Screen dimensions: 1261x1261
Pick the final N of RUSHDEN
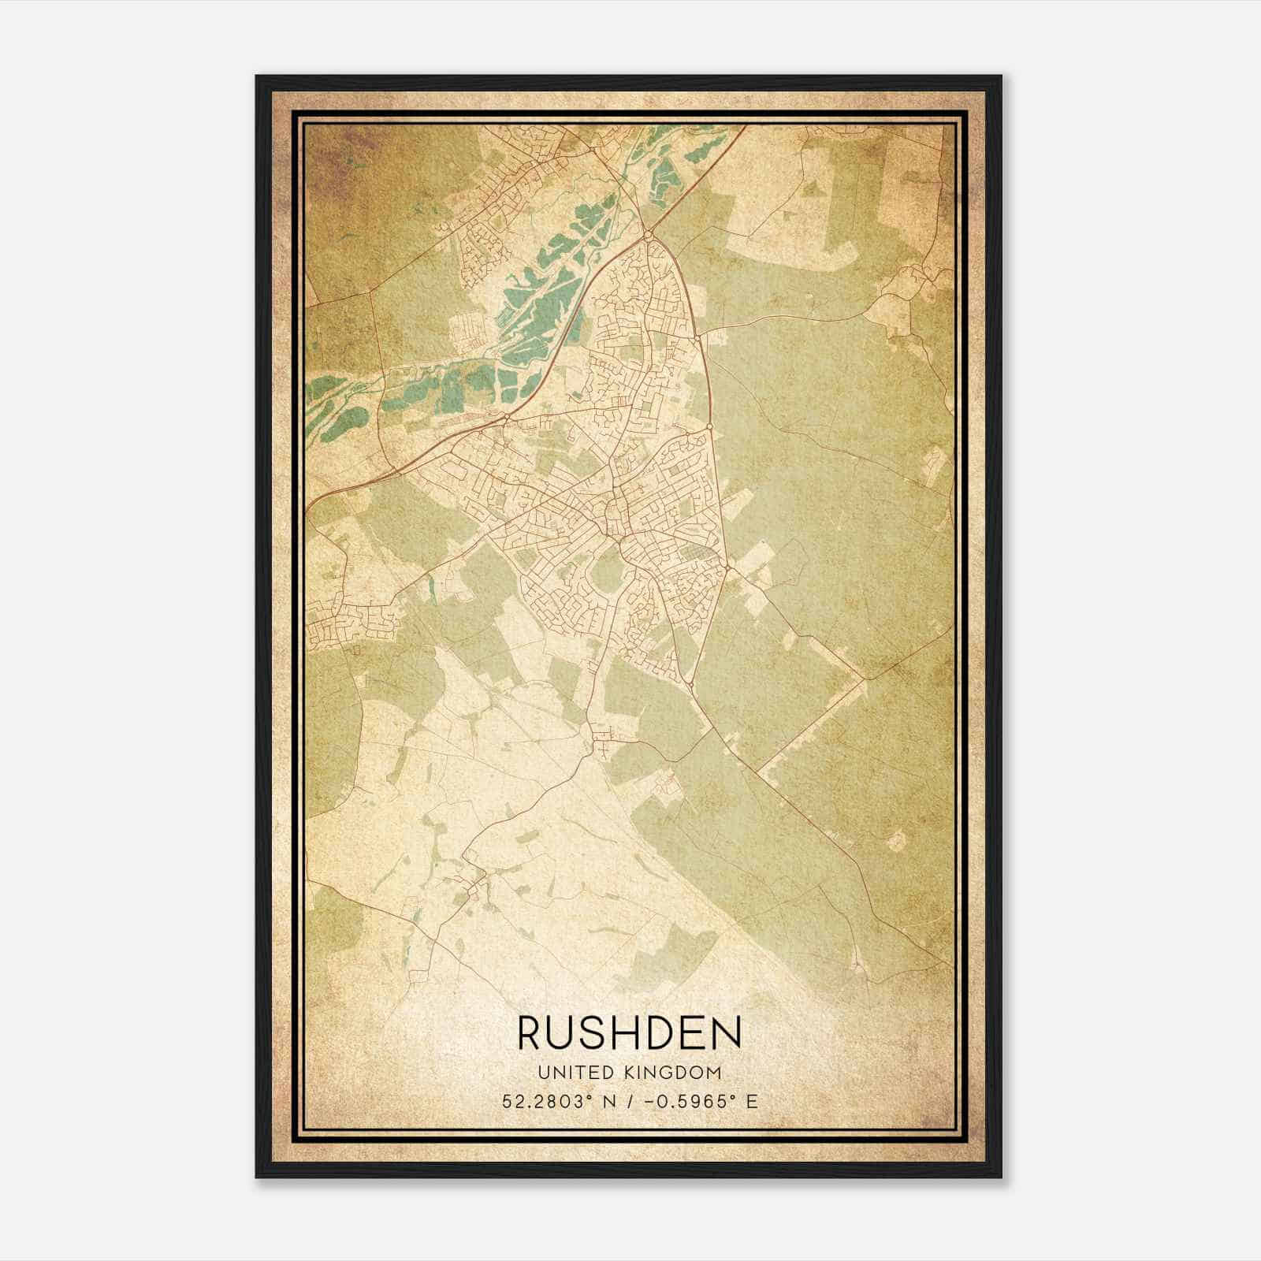[724, 1032]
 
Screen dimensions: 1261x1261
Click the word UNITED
[575, 1072]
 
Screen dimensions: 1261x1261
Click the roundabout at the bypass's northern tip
[647, 234]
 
